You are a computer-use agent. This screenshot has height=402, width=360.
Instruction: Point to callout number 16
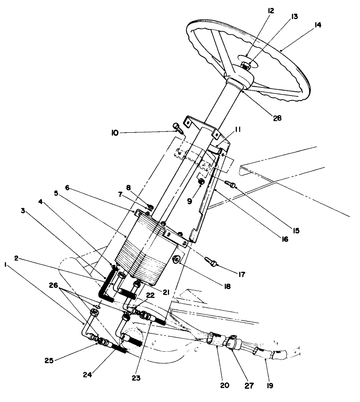pos(284,239)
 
